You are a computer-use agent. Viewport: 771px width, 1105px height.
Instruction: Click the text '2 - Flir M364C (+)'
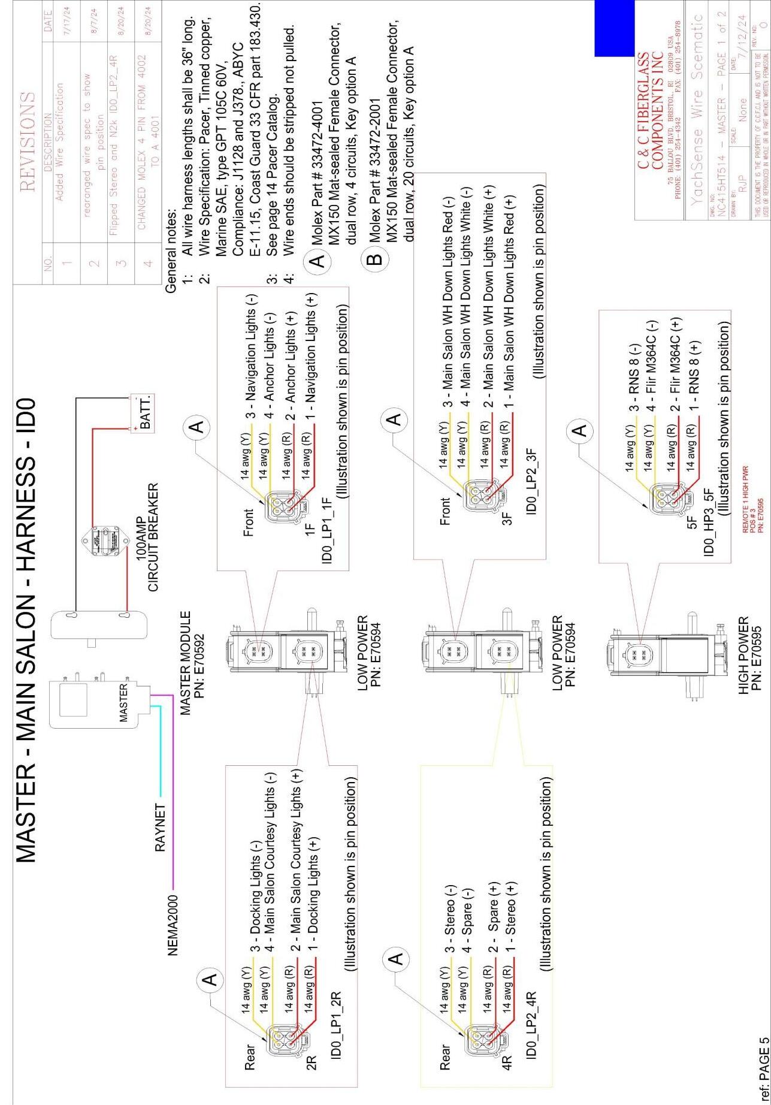[x=676, y=365]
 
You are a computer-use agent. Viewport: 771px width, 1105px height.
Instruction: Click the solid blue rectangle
[x=614, y=28]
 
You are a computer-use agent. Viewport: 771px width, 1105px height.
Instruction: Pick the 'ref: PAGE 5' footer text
[x=760, y=1069]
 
